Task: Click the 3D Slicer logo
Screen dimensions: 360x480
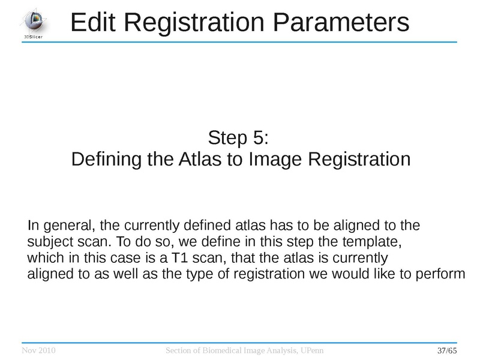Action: click(x=33, y=22)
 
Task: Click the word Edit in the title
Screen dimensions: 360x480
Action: click(x=95, y=23)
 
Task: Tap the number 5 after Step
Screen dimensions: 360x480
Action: click(x=255, y=138)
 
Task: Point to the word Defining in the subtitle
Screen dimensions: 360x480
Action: click(x=106, y=160)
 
